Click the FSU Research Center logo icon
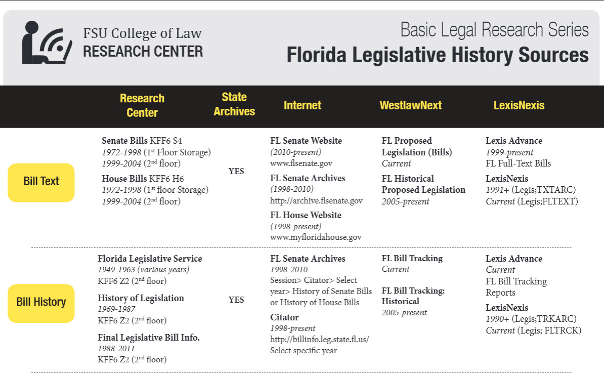[x=46, y=43]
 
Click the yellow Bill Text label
[x=41, y=181]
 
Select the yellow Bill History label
[x=41, y=302]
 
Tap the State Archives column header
[x=234, y=104]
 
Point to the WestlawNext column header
[x=411, y=105]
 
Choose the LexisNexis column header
[x=519, y=105]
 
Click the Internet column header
[x=303, y=105]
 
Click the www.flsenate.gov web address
[x=301, y=163]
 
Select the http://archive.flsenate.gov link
[x=316, y=201]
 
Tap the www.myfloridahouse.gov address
[x=316, y=237]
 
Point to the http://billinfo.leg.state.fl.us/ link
[x=319, y=339]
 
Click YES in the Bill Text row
[x=236, y=171]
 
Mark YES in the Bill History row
[x=236, y=300]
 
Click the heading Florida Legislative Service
[x=150, y=259]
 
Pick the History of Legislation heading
[x=141, y=298]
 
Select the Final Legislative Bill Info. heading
[x=149, y=337]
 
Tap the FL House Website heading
[x=306, y=215]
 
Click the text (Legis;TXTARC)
[x=543, y=190]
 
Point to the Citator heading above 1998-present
[x=284, y=317]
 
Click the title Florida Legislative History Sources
[x=438, y=55]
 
